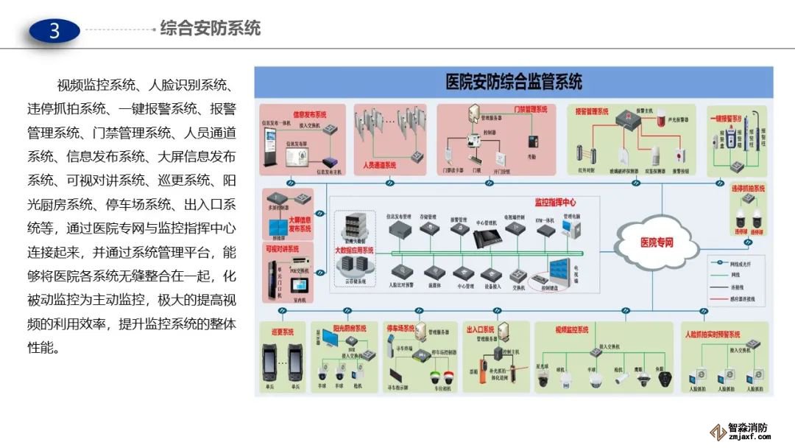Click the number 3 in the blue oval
[x=54, y=30]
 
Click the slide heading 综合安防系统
[x=211, y=29]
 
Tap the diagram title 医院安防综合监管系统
[x=514, y=81]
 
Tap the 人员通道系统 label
[x=380, y=165]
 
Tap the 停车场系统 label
[x=400, y=329]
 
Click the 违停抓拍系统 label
[x=748, y=189]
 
